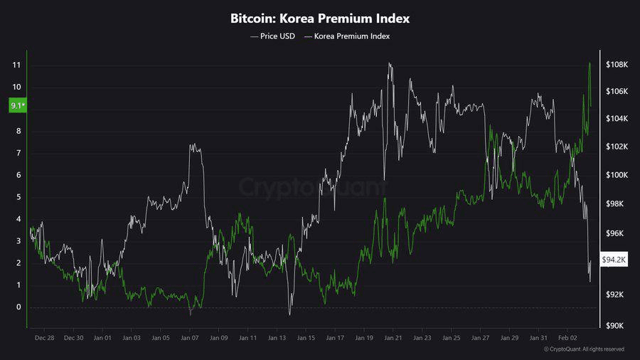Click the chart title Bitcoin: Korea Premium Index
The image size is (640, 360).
pyautogui.click(x=320, y=17)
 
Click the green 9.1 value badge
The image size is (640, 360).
pyautogui.click(x=16, y=106)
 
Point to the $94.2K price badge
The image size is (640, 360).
pyautogui.click(x=614, y=260)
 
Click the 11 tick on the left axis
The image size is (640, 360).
pyautogui.click(x=16, y=65)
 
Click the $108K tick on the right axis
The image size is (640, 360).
pyautogui.click(x=616, y=65)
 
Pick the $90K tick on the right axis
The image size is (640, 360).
pyautogui.click(x=616, y=326)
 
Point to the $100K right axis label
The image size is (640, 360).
pyautogui.click(x=616, y=175)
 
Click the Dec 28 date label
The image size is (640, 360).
pyautogui.click(x=44, y=339)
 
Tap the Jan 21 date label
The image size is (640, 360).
pyautogui.click(x=393, y=339)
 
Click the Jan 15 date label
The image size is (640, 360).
pyautogui.click(x=306, y=339)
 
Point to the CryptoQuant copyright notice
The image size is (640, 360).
pyautogui.click(x=584, y=349)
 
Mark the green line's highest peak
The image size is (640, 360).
pyautogui.click(x=590, y=63)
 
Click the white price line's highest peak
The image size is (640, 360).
pyautogui.click(x=389, y=63)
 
